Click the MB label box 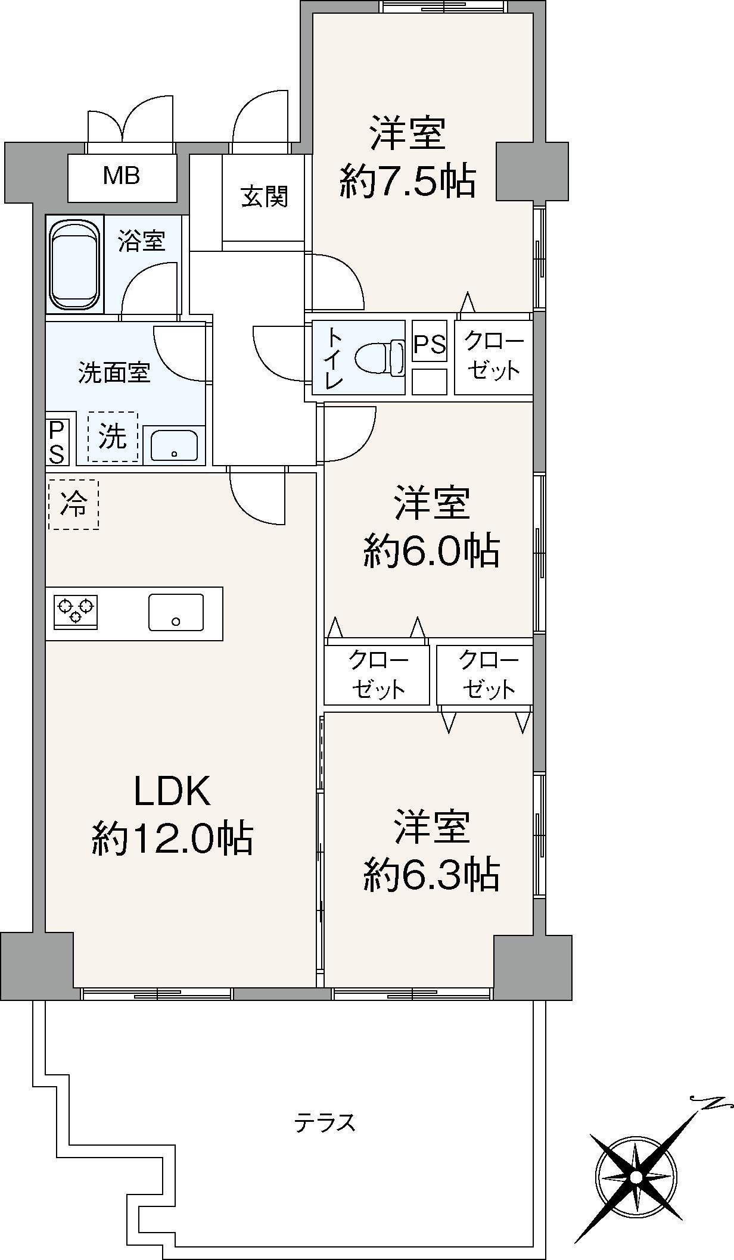click(122, 177)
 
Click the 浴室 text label click(141, 241)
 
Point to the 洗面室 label click(114, 373)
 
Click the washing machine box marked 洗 click(113, 438)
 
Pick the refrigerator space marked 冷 click(73, 505)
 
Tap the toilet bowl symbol click(380, 358)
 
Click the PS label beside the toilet click(430, 344)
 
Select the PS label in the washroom click(57, 442)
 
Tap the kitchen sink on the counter click(176, 612)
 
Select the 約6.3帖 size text click(432, 875)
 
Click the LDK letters click(173, 791)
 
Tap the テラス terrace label click(325, 1122)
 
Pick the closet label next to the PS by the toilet click(494, 357)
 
